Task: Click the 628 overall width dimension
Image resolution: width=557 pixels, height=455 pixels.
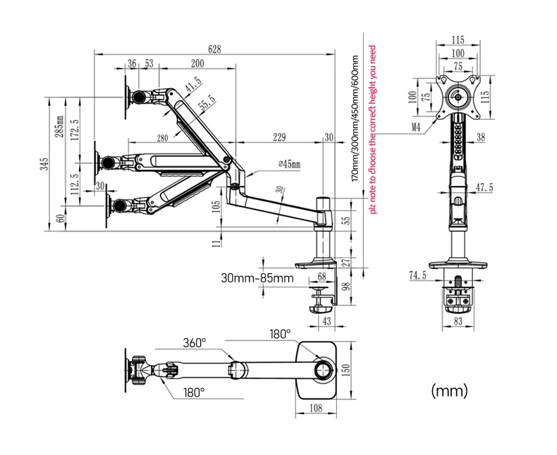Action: tap(215, 49)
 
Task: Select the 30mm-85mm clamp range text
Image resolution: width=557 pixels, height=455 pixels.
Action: tap(256, 278)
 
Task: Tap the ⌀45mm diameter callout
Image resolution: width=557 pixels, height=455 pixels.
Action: tap(286, 164)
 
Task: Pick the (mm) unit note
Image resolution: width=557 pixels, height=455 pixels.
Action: tap(448, 389)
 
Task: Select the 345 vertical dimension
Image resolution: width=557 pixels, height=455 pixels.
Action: tap(44, 164)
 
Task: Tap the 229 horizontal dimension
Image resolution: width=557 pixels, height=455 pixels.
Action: tap(278, 137)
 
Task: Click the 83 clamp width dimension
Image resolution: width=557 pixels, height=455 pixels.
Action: tap(460, 322)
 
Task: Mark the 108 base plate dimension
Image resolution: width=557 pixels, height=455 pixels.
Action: tap(317, 406)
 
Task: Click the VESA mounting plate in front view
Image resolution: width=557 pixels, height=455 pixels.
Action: tap(459, 95)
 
